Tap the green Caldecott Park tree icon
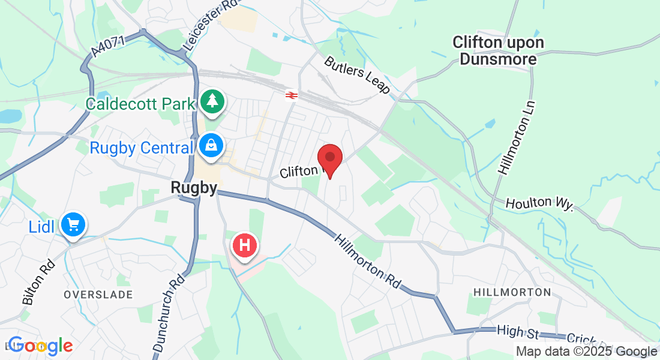[212, 101]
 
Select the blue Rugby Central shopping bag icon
[211, 145]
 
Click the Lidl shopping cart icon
[74, 225]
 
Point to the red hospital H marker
[245, 245]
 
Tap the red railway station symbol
[292, 95]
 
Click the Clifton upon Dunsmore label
[498, 50]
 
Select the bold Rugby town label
[194, 187]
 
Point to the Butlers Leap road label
[357, 75]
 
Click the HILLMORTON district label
[512, 292]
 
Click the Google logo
[40, 346]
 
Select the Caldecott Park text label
[140, 103]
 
